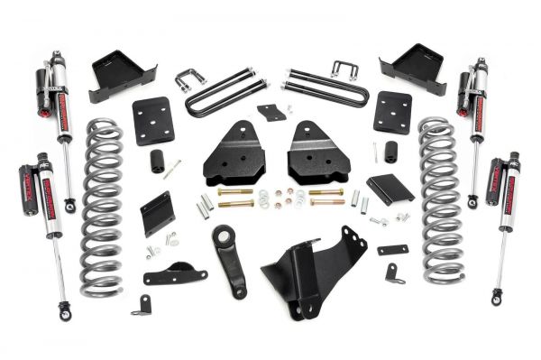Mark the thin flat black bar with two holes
click(x=392, y=250)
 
